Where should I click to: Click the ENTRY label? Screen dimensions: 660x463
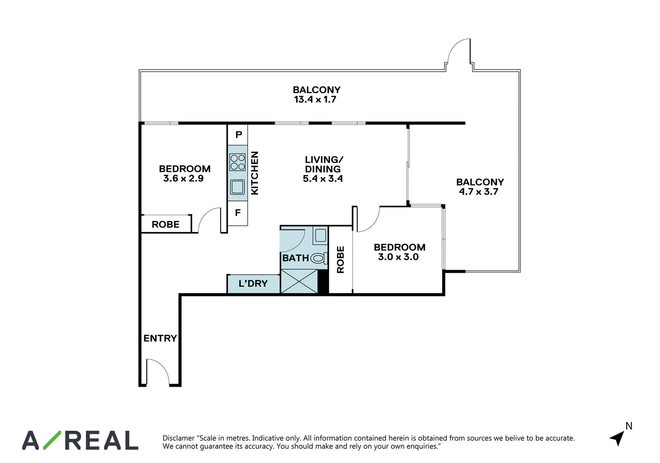point(160,338)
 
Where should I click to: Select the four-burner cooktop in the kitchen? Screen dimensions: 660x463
point(238,162)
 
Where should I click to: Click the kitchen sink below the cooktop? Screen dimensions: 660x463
point(238,187)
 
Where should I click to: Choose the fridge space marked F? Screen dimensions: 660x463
point(238,213)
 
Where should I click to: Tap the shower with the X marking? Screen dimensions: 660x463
point(299,281)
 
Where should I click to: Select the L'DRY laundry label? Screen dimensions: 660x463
point(253,283)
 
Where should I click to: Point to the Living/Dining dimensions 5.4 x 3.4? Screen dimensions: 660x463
point(323,179)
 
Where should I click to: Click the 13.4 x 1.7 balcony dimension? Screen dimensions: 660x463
point(315,99)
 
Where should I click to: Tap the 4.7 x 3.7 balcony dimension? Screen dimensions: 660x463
point(479,192)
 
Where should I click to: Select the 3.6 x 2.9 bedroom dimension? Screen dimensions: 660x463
point(183,179)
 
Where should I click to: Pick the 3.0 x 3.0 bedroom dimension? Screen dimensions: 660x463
point(398,257)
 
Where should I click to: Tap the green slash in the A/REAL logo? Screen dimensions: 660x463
point(52,440)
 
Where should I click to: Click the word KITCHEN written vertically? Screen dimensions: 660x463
point(255,173)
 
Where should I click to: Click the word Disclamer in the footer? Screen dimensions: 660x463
point(179,438)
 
